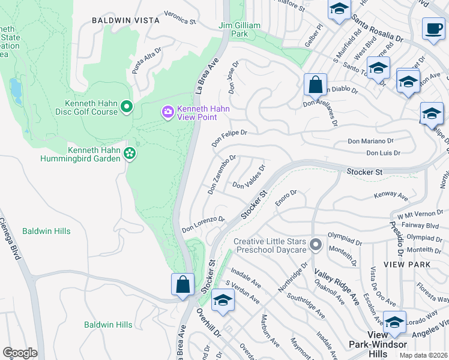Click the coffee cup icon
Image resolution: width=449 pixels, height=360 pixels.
click(433, 29)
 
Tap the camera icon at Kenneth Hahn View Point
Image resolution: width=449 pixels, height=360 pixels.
click(167, 112)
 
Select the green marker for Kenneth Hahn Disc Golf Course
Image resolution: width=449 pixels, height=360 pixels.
click(126, 107)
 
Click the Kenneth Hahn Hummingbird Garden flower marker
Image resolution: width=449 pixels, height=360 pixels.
click(129, 154)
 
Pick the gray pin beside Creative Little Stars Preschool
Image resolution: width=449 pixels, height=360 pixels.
click(316, 245)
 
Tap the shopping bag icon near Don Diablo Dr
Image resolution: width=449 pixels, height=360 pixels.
click(315, 85)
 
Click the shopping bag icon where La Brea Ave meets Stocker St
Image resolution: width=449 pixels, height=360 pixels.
click(183, 284)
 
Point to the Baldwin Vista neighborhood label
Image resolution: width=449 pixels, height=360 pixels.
click(125, 20)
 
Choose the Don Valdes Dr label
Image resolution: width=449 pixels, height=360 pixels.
click(248, 177)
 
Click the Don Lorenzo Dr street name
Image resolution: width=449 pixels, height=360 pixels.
click(203, 224)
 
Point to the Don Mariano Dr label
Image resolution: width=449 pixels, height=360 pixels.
click(373, 142)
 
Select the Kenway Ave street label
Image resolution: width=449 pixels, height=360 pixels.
click(390, 196)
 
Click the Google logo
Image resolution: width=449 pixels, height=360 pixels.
click(20, 353)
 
